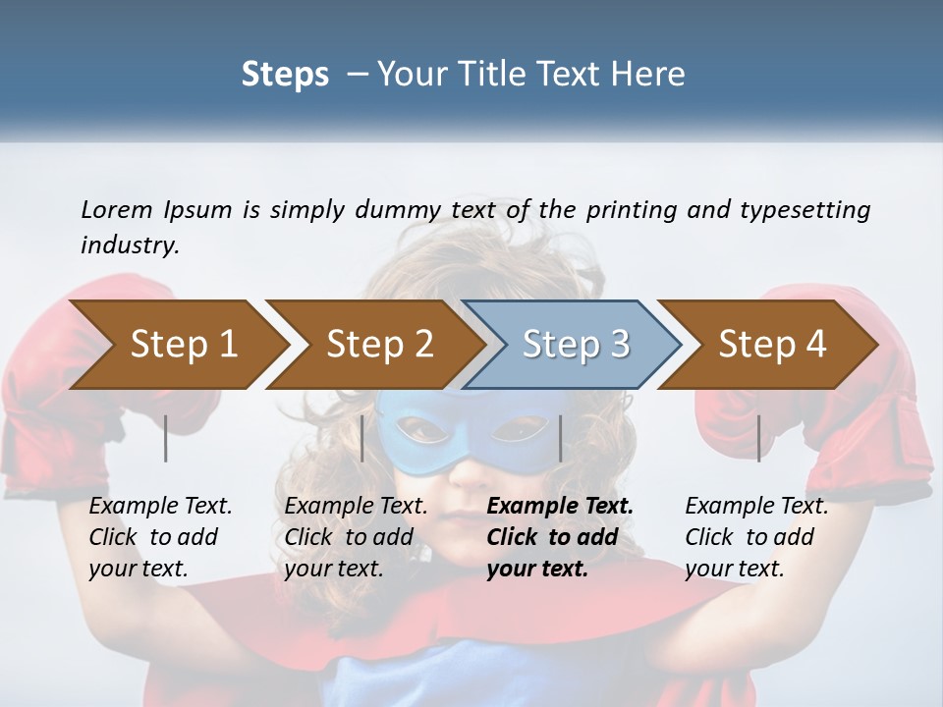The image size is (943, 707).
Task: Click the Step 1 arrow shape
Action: [x=177, y=345]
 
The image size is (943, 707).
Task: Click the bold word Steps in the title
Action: [x=285, y=75]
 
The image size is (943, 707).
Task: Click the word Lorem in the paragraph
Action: [x=116, y=209]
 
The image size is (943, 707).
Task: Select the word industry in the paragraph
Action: [x=130, y=245]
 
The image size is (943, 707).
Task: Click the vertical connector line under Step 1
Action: [x=166, y=438]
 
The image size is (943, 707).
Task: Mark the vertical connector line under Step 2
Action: [x=362, y=438]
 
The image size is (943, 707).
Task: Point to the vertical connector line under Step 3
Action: [x=560, y=438]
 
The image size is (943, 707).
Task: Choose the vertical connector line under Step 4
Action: [x=758, y=438]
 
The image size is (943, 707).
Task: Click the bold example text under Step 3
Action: [x=559, y=537]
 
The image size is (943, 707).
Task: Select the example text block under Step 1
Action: [x=159, y=537]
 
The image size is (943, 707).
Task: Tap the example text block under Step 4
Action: [x=755, y=537]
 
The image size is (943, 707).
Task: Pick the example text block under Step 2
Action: [x=355, y=537]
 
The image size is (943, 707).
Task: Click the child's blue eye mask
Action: [x=461, y=432]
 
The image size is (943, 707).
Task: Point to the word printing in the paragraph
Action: [x=633, y=209]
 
